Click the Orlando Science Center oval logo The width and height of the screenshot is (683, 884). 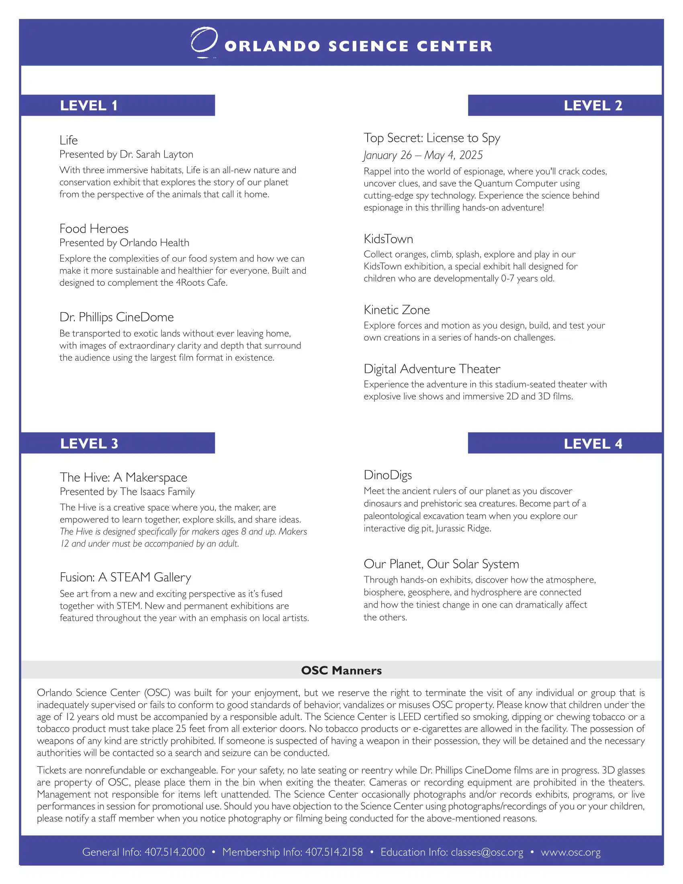(x=204, y=41)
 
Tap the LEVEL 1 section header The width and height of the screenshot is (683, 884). (x=89, y=106)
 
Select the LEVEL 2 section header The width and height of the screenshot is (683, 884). (x=593, y=106)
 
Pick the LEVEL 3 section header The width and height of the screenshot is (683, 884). (x=90, y=444)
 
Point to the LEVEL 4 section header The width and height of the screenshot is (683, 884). (x=593, y=444)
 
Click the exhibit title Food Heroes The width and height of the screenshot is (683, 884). (x=94, y=229)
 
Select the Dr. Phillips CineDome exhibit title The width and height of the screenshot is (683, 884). (x=117, y=317)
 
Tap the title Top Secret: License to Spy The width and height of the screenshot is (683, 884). (x=432, y=138)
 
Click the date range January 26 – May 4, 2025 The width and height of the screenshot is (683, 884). (x=423, y=155)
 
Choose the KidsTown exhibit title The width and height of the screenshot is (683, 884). (x=388, y=239)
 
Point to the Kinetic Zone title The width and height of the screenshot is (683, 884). (x=397, y=310)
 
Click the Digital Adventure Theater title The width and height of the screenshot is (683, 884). (x=432, y=369)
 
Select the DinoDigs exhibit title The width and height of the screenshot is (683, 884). (x=388, y=475)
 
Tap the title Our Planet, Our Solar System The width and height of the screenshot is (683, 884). (x=441, y=564)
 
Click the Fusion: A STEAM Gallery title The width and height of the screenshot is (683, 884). (x=125, y=577)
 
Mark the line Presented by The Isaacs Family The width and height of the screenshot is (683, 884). (x=127, y=491)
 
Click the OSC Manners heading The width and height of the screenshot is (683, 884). (x=341, y=670)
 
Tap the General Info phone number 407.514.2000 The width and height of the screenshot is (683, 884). (x=174, y=852)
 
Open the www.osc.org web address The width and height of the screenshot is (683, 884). (x=571, y=852)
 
